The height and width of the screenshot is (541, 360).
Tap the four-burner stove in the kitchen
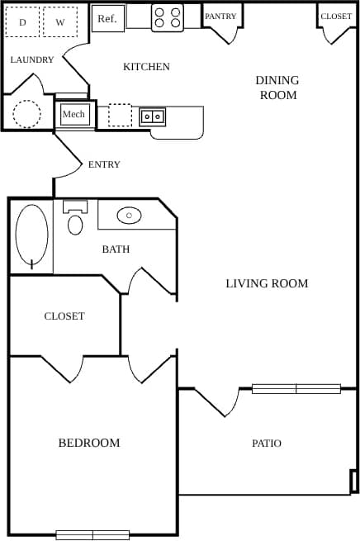click(x=168, y=17)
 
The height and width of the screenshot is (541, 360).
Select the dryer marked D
click(x=22, y=22)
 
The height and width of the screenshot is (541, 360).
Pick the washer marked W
click(x=60, y=22)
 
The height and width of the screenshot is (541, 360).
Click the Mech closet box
click(x=74, y=114)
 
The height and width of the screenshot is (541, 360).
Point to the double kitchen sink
click(x=153, y=116)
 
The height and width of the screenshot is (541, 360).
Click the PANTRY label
click(x=220, y=17)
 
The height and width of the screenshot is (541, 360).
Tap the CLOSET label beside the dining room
click(x=336, y=17)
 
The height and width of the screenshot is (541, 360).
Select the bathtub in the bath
click(x=32, y=235)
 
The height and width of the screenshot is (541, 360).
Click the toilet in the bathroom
click(x=75, y=220)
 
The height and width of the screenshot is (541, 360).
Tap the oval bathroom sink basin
click(x=129, y=216)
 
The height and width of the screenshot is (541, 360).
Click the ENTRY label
click(x=104, y=164)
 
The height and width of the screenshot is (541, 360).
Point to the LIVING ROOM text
click(x=267, y=283)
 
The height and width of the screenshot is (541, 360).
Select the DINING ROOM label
click(x=277, y=88)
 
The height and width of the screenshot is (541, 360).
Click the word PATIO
click(x=267, y=444)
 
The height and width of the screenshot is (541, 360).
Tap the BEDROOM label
click(x=89, y=443)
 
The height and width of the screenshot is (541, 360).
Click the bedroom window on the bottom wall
click(x=92, y=534)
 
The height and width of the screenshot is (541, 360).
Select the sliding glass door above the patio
click(x=296, y=388)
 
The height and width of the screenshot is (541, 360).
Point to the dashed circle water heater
click(x=26, y=113)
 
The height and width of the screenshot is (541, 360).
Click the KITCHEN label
click(x=146, y=67)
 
